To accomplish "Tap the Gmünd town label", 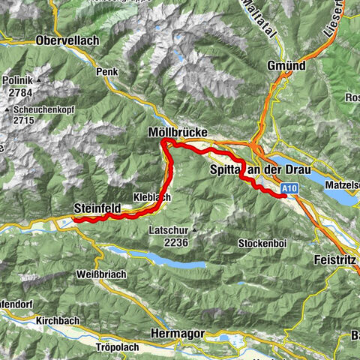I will pos(286,66).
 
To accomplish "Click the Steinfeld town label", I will pos(99,208).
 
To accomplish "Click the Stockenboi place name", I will pos(259,244).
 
